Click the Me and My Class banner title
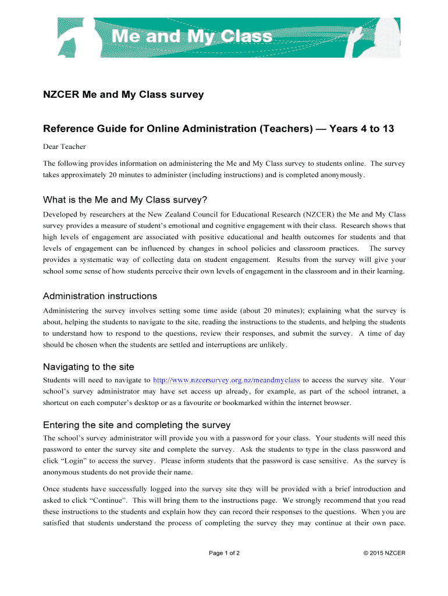click(191, 37)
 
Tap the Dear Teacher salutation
click(65, 147)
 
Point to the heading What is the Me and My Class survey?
click(125, 200)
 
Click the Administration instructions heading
click(100, 296)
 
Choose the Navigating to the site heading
click(89, 367)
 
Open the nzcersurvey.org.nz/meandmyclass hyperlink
click(227, 380)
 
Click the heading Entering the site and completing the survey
click(137, 424)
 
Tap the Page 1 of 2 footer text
click(225, 553)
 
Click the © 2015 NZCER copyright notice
click(384, 553)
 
